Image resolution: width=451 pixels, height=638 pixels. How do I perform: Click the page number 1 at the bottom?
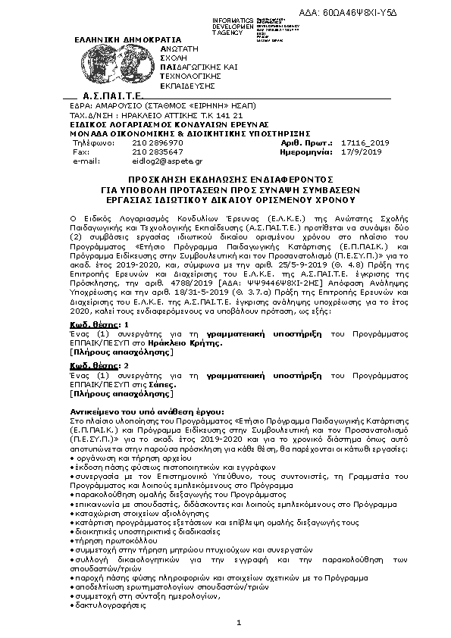pos(238,623)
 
